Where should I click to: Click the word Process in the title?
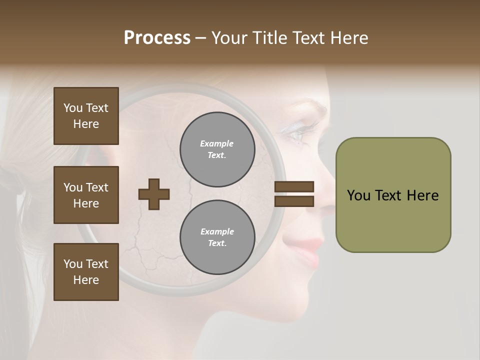tap(157, 38)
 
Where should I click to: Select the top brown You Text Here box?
tap(86, 116)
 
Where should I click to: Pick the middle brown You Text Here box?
tap(86, 195)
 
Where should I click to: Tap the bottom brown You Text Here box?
tap(86, 271)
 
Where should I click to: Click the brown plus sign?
tap(154, 194)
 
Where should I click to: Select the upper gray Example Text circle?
tap(217, 149)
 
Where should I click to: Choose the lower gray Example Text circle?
tap(217, 237)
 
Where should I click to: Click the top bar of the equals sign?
tap(294, 187)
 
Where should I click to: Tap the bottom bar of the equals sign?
tap(294, 201)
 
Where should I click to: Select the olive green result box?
tap(393, 194)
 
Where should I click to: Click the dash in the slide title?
tap(201, 38)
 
